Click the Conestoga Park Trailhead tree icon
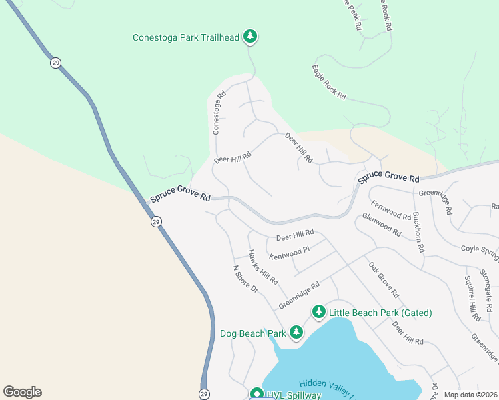point(250,36)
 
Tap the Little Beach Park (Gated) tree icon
point(319,312)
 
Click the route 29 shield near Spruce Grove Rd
point(155,221)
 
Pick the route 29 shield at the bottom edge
point(204,393)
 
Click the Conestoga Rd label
point(219,113)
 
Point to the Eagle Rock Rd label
point(329,82)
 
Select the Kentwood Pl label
point(290,253)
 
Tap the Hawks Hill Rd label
point(262,267)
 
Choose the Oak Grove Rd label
point(384,279)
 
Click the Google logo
point(22,392)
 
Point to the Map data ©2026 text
point(470,395)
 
